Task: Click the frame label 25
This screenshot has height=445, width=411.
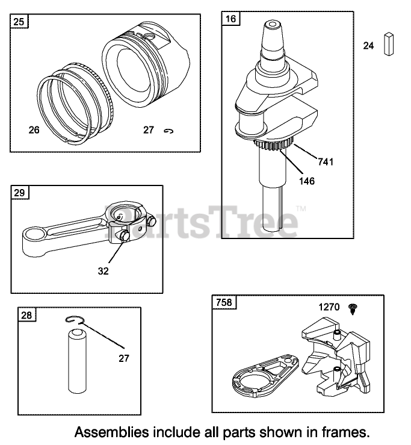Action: pos(20,23)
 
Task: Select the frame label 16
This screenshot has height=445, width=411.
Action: pos(231,19)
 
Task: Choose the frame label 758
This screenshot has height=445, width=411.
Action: pos(223,302)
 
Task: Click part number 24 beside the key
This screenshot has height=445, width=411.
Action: pos(368,45)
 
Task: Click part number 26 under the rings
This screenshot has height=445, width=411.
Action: pos(34,129)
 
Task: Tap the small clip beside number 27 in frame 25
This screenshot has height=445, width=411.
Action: pos(168,130)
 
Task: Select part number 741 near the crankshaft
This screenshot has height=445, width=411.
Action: pos(326,162)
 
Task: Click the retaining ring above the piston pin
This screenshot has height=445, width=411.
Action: pos(75,322)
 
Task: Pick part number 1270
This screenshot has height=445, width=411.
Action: pos(329,307)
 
